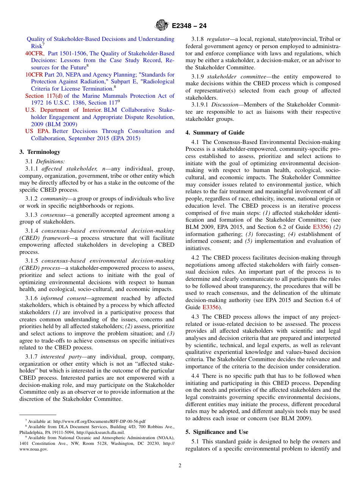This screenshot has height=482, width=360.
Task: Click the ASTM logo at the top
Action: (162, 26)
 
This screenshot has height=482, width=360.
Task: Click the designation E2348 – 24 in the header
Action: (189, 26)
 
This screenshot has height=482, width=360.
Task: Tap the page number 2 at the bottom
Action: (180, 466)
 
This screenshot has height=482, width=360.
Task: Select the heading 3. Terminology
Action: (40, 152)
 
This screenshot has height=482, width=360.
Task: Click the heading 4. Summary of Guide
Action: (215, 133)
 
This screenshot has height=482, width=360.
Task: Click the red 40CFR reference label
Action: (34, 53)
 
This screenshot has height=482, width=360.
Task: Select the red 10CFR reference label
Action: (34, 75)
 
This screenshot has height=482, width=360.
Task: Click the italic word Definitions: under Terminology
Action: (53, 161)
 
